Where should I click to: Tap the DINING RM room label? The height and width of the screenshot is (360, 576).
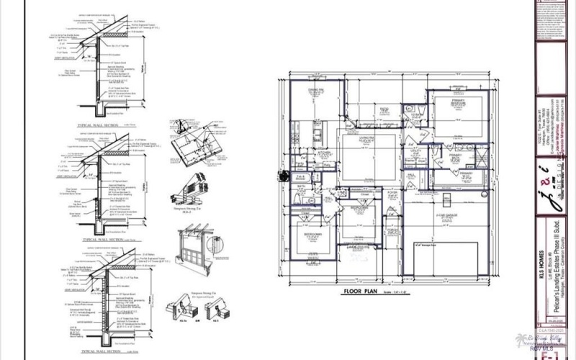tap(315, 91)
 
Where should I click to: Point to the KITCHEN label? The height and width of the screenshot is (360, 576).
tap(324, 153)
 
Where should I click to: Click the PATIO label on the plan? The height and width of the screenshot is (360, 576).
tap(384, 109)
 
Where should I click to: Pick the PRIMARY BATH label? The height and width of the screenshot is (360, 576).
tap(456, 156)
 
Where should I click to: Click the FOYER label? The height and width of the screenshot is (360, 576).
tap(393, 193)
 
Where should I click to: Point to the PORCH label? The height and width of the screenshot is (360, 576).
tap(393, 231)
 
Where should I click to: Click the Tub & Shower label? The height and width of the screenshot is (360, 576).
tap(300, 177)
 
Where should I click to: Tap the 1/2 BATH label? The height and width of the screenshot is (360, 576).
tap(416, 116)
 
